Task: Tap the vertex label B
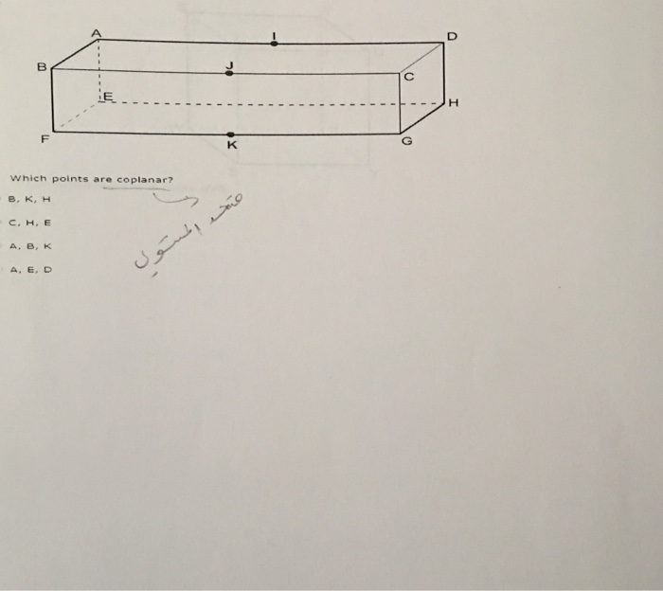pos(41,67)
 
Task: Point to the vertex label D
pos(452,36)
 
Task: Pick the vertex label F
pos(44,139)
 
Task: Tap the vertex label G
pos(407,141)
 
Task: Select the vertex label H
pos(454,101)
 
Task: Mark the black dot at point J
pos(229,73)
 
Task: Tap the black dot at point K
pos(231,134)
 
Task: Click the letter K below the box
pos(232,147)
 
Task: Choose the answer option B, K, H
pos(27,200)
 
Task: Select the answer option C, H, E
pos(29,224)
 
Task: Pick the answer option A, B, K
pos(29,246)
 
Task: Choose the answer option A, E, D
pos(30,269)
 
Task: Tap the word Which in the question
pos(27,178)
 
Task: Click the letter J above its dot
pos(228,63)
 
